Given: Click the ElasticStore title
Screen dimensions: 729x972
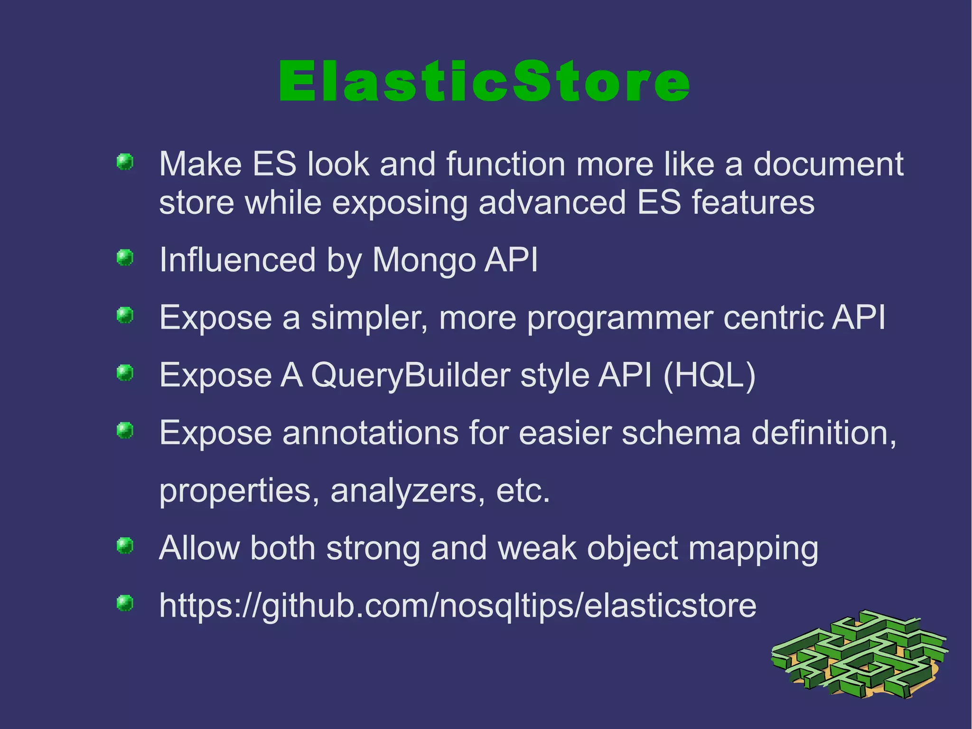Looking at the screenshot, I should [484, 82].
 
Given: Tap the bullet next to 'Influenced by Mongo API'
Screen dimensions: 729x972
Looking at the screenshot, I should [125, 258].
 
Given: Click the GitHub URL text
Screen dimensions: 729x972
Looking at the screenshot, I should [457, 606].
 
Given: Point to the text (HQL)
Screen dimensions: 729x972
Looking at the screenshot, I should [709, 375].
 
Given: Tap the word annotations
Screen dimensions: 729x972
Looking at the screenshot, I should [370, 433].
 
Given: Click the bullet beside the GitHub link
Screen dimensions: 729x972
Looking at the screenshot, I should [125, 604].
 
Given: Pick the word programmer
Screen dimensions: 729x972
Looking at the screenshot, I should [620, 318].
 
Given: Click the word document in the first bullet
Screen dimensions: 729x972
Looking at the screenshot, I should [828, 164].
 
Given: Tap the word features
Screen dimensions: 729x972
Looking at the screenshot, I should [753, 203].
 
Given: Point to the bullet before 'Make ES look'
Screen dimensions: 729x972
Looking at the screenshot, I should [125, 162].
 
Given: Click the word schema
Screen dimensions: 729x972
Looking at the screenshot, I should [681, 433].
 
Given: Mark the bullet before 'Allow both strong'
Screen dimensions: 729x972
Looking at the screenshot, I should [125, 546].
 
